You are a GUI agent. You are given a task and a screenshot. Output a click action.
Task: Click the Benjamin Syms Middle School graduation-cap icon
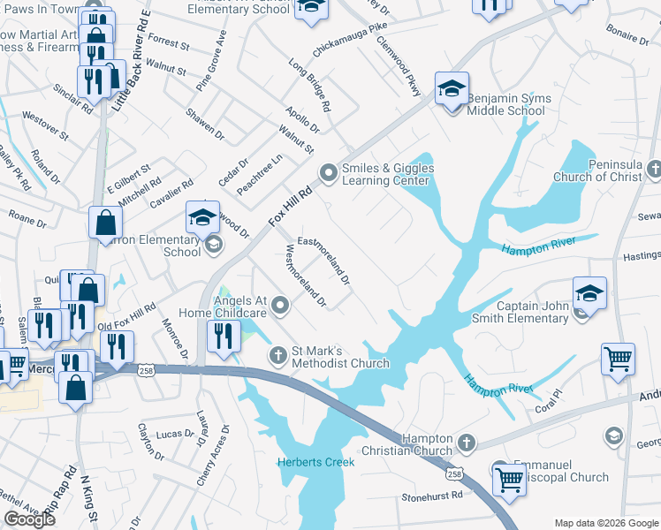coord(452,89)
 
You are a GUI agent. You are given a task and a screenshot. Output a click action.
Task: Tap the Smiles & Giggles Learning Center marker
coord(330,172)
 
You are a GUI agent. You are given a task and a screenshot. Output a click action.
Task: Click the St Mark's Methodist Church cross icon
coord(277,355)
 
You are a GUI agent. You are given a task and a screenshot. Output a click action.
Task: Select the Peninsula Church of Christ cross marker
coord(654,169)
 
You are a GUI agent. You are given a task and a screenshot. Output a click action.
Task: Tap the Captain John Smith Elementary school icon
coord(589,293)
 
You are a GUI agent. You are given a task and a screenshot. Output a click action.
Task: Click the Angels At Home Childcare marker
coord(281,307)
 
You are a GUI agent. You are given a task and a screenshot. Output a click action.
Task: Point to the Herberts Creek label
coord(315,462)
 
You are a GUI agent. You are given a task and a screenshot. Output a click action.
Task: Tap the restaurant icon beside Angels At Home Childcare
coord(223,336)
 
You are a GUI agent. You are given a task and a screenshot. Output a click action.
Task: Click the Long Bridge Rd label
coord(309,86)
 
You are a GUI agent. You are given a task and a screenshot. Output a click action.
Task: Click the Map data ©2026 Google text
coord(605,523)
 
